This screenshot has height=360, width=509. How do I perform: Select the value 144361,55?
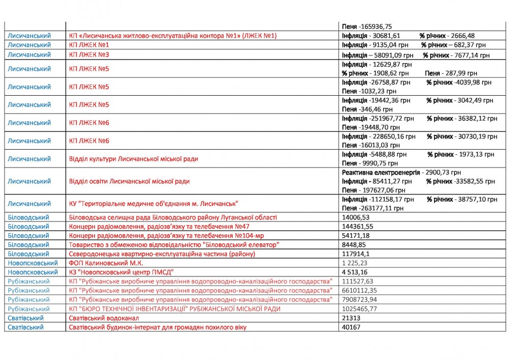tap(356, 227)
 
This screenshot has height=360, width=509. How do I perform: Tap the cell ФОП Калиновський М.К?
tap(106, 263)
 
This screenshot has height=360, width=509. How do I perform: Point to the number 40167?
tap(351, 327)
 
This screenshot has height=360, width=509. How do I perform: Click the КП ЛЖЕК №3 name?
tap(89, 55)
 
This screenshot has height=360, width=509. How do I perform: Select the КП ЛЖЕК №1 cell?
tap(89, 45)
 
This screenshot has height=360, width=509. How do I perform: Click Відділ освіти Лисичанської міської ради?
tap(129, 181)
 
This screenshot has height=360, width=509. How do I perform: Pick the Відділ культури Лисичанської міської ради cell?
tap(133, 159)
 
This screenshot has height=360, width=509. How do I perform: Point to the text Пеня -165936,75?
tap(366, 26)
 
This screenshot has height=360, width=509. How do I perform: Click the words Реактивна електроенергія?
tap(381, 173)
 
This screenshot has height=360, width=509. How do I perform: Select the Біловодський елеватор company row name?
tap(174, 245)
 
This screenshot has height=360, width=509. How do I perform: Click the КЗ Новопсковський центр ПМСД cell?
tap(122, 272)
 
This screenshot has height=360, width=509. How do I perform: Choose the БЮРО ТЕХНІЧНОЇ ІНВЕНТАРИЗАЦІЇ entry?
tap(175, 309)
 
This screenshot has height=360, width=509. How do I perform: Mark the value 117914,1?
tap(356, 254)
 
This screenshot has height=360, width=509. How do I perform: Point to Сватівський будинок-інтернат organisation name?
tap(157, 327)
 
